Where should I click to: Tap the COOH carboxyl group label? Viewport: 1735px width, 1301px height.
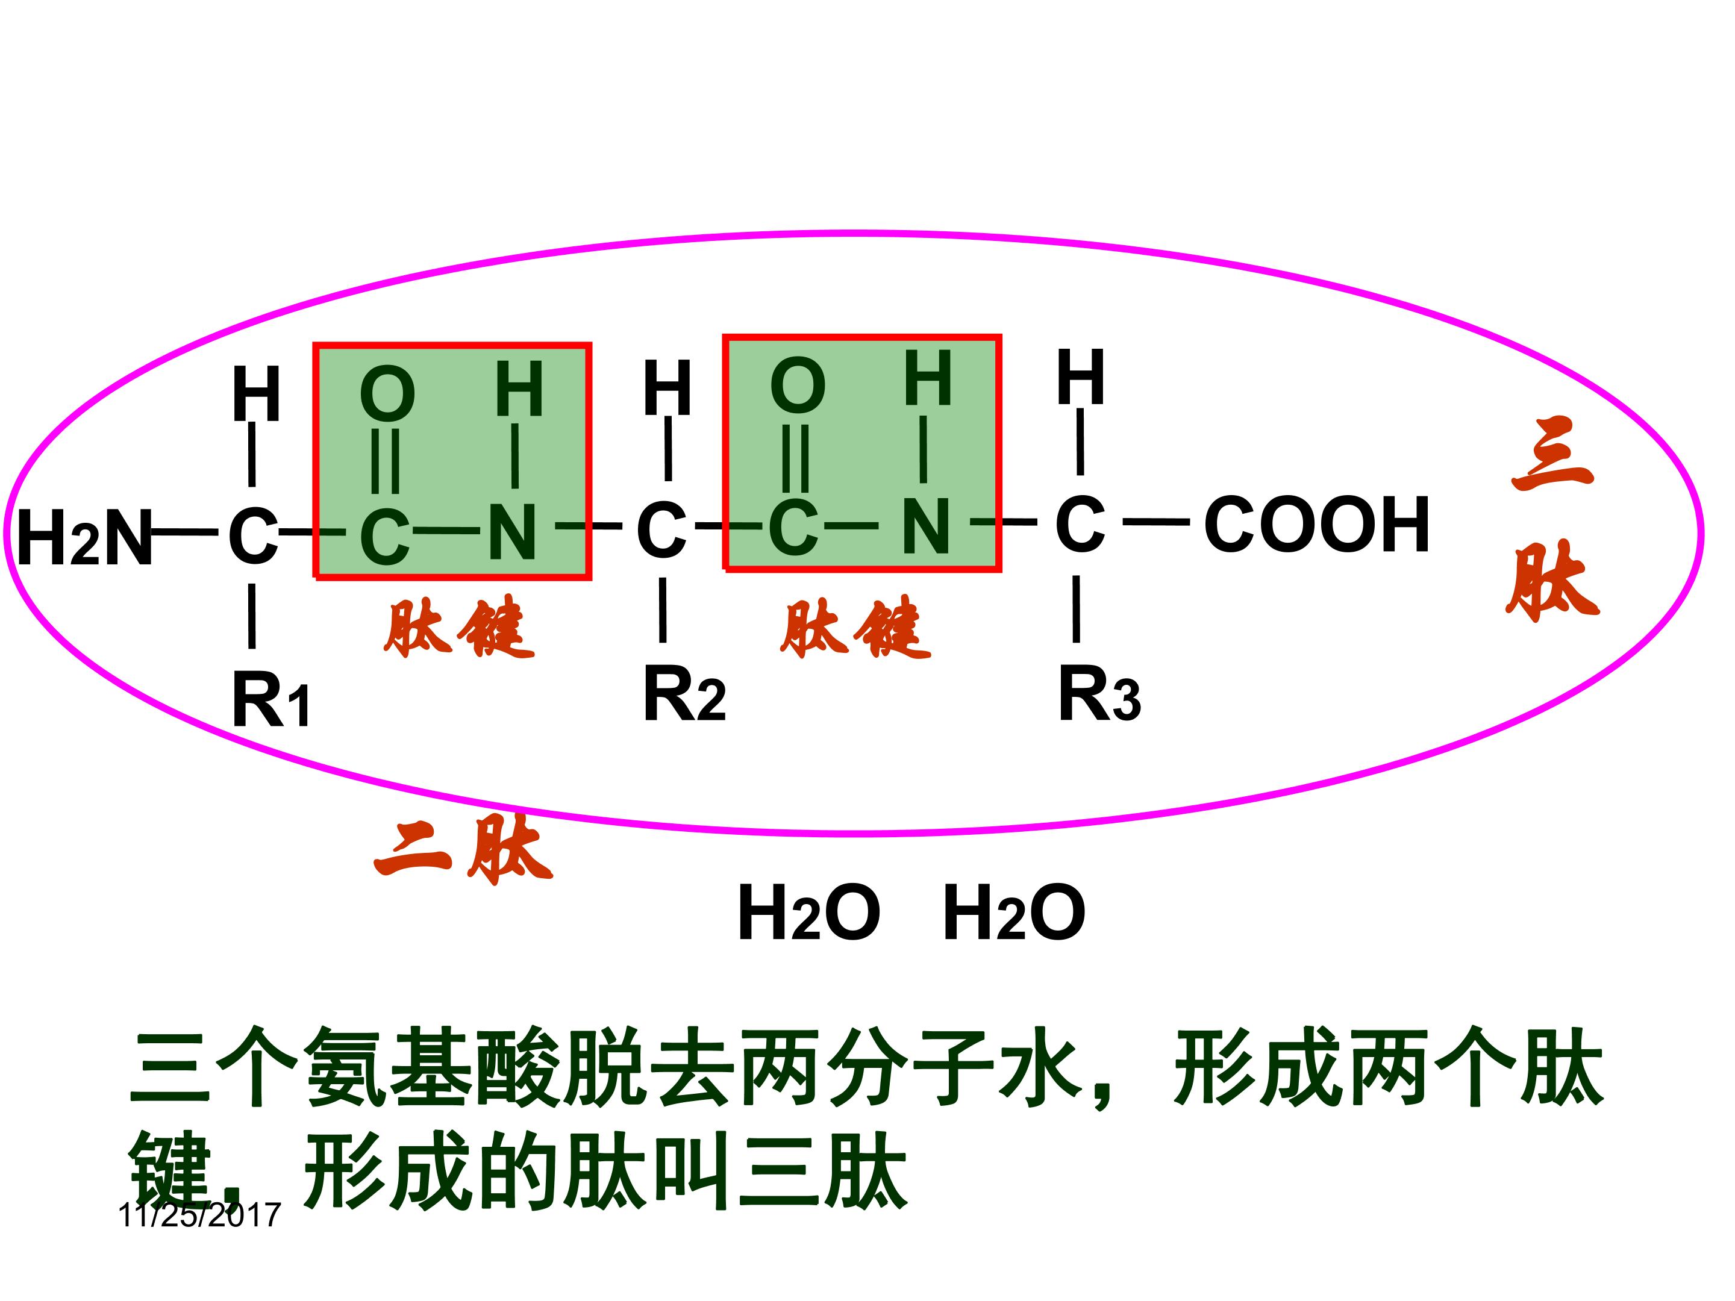(1316, 525)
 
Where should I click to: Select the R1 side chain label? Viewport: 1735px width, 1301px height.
(270, 700)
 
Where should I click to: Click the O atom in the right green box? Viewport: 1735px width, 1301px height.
(798, 386)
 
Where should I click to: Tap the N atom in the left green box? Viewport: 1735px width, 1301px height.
(513, 532)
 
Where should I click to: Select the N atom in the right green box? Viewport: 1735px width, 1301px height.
(925, 526)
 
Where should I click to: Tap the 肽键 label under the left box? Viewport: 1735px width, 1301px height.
(459, 628)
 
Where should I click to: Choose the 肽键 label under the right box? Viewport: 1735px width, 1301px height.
(855, 628)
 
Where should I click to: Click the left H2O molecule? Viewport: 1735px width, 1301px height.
(808, 912)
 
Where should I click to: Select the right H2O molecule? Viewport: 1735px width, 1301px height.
(1013, 912)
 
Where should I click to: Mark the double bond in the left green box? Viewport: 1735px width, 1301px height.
(385, 461)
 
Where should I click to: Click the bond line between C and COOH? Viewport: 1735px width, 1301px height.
(1156, 521)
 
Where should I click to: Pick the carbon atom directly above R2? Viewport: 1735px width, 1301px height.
(661, 530)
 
